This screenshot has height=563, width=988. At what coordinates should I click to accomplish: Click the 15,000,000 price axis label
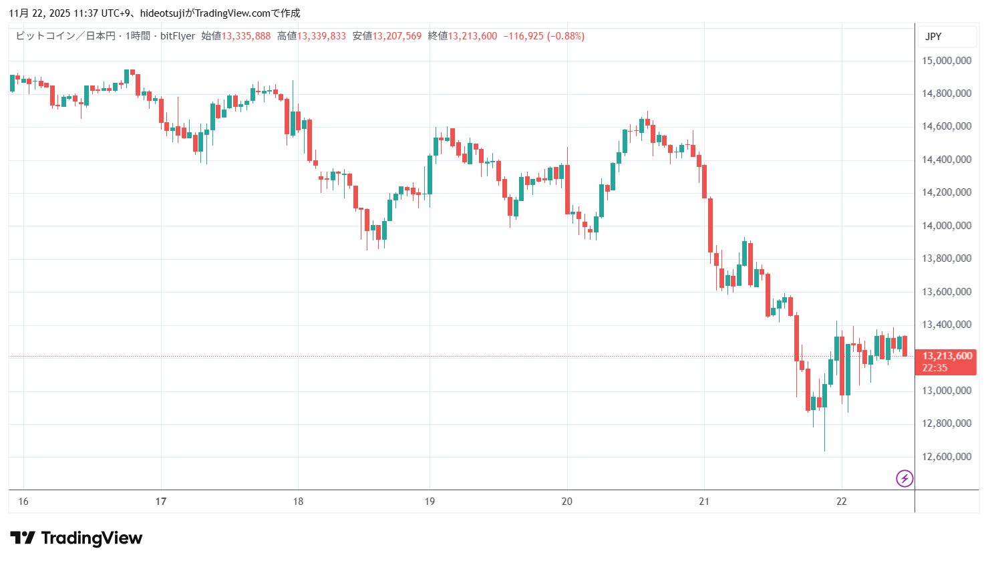[x=946, y=61]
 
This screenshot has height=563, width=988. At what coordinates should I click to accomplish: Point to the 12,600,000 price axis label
[x=946, y=457]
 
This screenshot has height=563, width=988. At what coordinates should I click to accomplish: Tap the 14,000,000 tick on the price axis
[x=946, y=226]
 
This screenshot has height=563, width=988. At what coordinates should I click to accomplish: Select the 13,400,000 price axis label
[x=946, y=325]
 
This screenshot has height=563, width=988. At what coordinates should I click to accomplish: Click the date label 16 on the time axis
[x=23, y=502]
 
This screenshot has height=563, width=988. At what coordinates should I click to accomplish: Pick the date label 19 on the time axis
[x=430, y=502]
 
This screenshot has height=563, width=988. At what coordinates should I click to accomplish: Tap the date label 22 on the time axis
[x=841, y=502]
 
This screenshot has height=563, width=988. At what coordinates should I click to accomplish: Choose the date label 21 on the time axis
[x=704, y=502]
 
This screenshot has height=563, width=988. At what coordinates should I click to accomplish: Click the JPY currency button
[x=933, y=37]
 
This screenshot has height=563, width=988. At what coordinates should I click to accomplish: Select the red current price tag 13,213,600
[x=947, y=356]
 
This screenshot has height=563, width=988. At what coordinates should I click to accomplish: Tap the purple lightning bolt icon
[x=904, y=478]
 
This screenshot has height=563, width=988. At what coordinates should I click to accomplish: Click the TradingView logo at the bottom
[x=76, y=538]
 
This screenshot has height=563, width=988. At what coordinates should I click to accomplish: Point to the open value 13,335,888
[x=246, y=36]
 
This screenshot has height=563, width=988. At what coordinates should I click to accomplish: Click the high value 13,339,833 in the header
[x=321, y=36]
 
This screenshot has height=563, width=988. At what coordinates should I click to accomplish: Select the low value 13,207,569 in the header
[x=397, y=36]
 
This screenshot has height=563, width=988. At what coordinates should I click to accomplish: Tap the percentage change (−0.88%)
[x=566, y=36]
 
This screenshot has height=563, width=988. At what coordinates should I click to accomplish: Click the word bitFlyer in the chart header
[x=178, y=36]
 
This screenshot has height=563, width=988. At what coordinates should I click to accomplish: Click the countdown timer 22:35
[x=935, y=368]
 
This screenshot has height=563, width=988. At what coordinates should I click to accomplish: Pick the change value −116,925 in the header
[x=524, y=36]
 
